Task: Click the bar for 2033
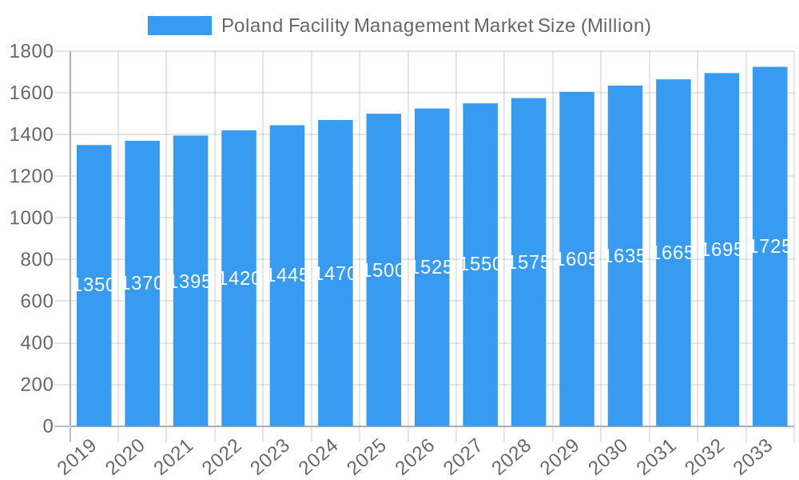coord(769,336)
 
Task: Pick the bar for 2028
coord(528,344)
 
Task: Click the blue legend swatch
coord(180,26)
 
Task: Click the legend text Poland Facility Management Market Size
coord(435,26)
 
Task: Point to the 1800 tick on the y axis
coord(30,52)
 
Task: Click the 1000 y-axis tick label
coord(30,218)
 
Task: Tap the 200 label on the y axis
coord(36,385)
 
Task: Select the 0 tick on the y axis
coord(48,426)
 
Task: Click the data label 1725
coord(770,246)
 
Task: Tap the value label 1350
coord(94,285)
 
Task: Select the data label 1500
coord(384,270)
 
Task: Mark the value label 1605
coord(577,259)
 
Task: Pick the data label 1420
coord(239,278)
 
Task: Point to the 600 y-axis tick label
coord(36,302)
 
